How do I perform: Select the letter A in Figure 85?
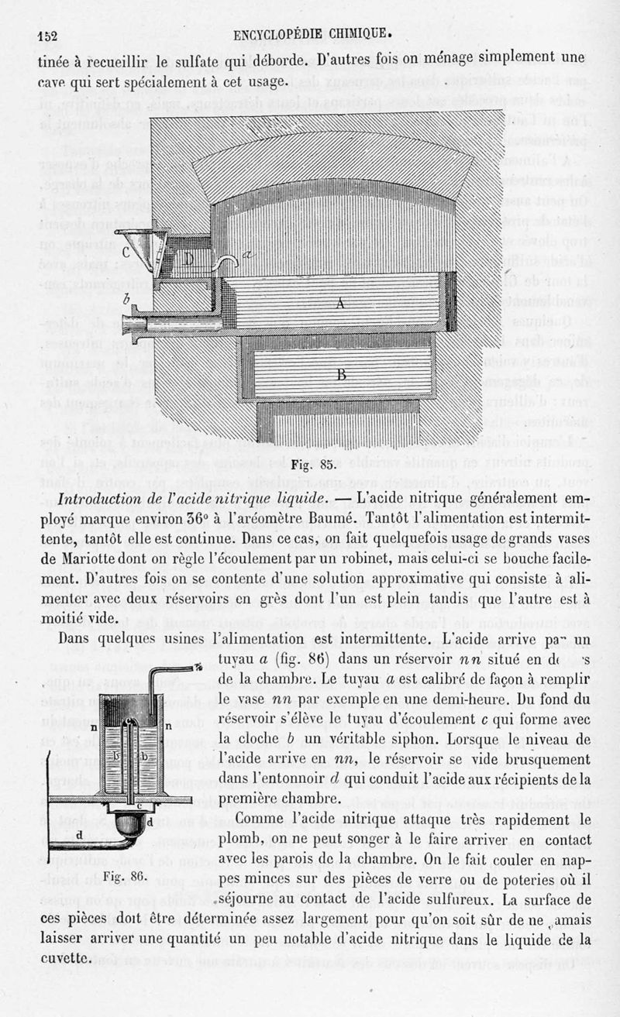tap(339, 304)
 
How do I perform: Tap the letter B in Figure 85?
tap(341, 375)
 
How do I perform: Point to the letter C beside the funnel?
tap(126, 252)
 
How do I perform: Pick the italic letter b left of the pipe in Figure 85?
tap(126, 299)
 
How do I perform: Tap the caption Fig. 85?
tap(312, 466)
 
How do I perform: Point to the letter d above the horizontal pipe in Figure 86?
tap(80, 834)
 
